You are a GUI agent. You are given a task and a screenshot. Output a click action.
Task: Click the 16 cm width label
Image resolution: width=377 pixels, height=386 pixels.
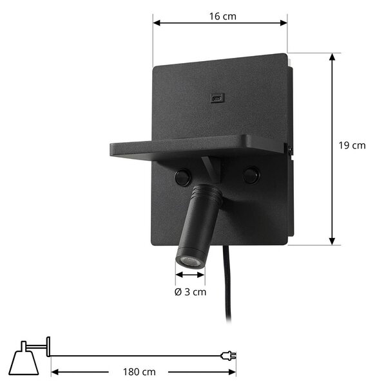coord(222,17)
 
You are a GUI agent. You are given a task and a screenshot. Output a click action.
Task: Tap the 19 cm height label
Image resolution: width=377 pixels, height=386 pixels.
coord(352,145)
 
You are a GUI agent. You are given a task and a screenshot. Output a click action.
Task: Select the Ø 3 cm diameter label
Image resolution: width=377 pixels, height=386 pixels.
coord(190,292)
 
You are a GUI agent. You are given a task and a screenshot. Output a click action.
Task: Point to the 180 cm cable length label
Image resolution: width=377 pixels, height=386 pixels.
coord(139,372)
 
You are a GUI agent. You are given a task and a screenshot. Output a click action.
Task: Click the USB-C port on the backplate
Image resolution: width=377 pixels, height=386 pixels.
coord(217,98)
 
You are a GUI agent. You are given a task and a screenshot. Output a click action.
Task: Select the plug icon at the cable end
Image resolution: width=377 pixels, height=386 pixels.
coord(228,356)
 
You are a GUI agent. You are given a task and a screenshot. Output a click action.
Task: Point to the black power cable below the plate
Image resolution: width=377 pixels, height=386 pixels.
coord(227,283)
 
